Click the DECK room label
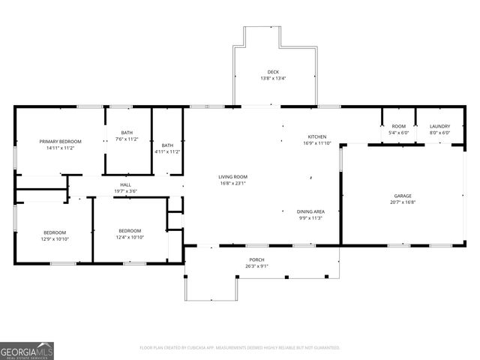tap(273, 72)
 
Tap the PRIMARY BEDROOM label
tap(61, 142)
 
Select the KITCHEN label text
tap(315, 136)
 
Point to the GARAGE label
tap(403, 196)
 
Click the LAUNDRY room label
tap(439, 127)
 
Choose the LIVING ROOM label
tap(232, 176)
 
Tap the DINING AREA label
tap(310, 211)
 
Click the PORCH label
tap(256, 259)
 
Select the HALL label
tap(126, 184)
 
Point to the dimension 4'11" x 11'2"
tap(167, 151)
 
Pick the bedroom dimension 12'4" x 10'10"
tap(130, 237)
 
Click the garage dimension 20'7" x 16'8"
tap(403, 202)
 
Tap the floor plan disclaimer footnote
tap(240, 347)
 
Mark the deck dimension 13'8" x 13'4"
tap(273, 78)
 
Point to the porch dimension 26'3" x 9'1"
tap(256, 265)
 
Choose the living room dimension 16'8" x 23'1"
tap(232, 183)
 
